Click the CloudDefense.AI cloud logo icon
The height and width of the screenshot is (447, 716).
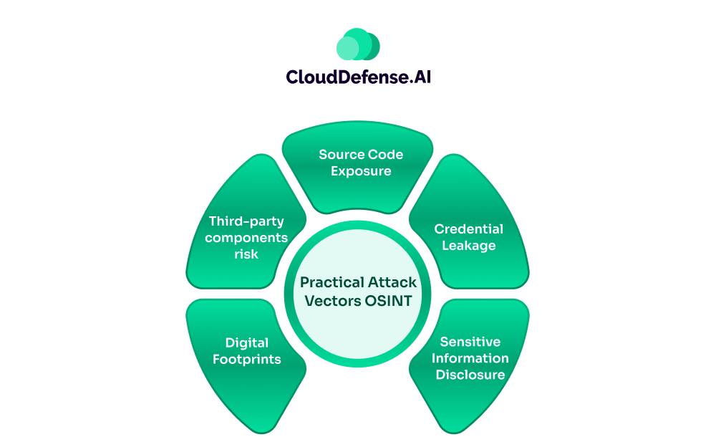[358, 44]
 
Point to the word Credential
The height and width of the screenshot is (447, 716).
[469, 229]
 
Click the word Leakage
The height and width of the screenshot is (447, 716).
[469, 246]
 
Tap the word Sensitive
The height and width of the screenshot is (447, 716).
[470, 342]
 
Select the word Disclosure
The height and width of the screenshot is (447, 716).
[470, 375]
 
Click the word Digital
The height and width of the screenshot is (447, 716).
[247, 342]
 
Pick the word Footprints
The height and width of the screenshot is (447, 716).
[247, 359]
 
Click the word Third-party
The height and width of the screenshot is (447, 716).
[246, 221]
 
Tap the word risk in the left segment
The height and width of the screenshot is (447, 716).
[246, 254]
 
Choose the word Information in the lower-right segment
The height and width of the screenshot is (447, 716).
[470, 358]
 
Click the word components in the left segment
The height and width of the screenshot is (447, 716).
[246, 238]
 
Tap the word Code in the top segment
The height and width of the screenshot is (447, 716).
[387, 155]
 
